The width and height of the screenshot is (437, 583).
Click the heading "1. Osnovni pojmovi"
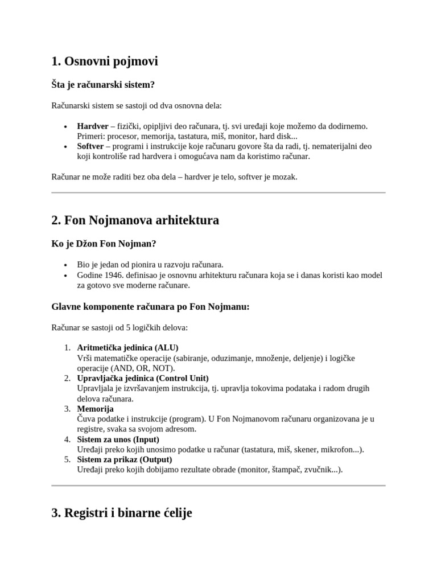tap(105, 61)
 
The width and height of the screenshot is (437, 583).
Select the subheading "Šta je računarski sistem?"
tap(103, 84)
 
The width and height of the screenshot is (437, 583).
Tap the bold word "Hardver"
tap(93, 126)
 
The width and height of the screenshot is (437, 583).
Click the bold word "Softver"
tap(90, 146)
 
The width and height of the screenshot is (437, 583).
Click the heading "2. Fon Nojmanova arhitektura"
tap(135, 220)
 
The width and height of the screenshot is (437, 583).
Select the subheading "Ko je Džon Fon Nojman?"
tap(104, 244)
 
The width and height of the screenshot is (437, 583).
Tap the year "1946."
tap(117, 275)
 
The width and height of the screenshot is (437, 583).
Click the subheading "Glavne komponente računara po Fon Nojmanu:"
tap(151, 307)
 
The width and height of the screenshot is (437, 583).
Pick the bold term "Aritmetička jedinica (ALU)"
tap(127, 347)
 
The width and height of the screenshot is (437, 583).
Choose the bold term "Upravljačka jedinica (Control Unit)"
tap(143, 378)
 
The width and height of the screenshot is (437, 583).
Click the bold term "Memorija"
tap(95, 409)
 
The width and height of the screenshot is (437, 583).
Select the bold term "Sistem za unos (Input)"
tap(118, 440)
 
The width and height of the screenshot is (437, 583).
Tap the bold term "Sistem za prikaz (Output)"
tap(125, 459)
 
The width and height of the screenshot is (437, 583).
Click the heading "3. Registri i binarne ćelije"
tap(122, 513)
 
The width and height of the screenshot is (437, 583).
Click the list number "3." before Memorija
tap(67, 409)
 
